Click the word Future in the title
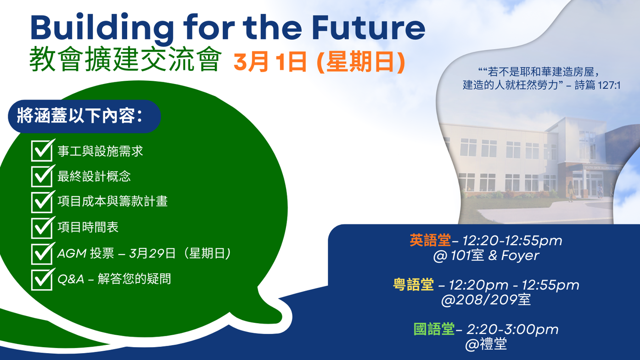click(369, 28)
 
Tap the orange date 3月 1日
click(270, 62)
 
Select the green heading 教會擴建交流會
click(125, 59)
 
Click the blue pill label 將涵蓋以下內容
click(80, 116)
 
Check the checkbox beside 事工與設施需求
click(42, 150)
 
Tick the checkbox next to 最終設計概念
click(42, 176)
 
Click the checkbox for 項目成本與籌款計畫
click(42, 202)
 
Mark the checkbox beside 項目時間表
click(42, 227)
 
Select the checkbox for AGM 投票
click(42, 253)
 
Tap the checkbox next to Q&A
click(42, 279)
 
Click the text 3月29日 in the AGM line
click(152, 253)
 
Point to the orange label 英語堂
click(430, 240)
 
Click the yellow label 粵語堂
click(413, 285)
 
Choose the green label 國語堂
click(434, 329)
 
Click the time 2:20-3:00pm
click(512, 329)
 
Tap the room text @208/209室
click(486, 299)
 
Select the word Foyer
click(520, 255)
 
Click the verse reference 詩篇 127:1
click(597, 85)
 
